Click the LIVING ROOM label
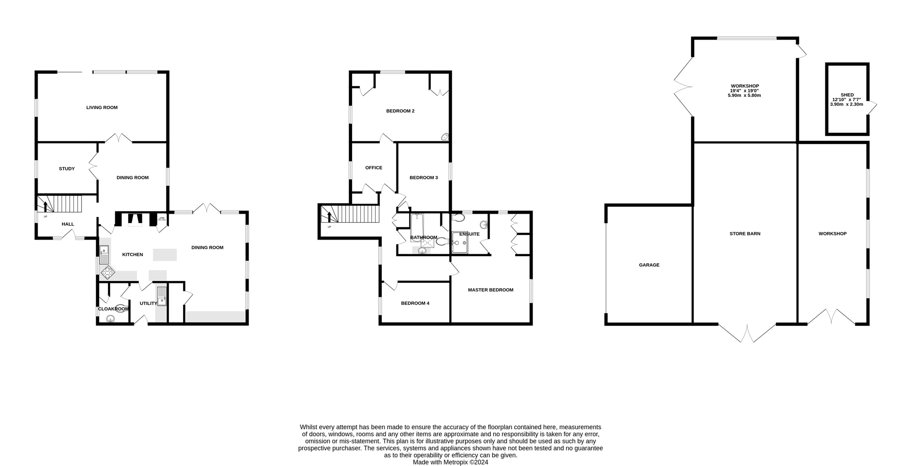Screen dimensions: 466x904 pos(102,107)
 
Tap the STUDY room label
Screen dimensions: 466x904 pos(66,169)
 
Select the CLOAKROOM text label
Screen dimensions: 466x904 pos(113,309)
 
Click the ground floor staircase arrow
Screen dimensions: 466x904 pos(45,206)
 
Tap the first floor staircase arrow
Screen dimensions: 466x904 pos(329,217)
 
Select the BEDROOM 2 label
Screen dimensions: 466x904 pos(400,111)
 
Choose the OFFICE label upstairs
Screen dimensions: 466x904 pos(374,168)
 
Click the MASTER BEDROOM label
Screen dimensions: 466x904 pos(490,290)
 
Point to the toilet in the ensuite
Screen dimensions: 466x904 pos(458,217)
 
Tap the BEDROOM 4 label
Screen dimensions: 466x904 pos(415,303)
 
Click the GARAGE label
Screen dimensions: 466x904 pos(649,265)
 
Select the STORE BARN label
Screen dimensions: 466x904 pos(745,233)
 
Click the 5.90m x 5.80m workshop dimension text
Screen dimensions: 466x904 pos(744,96)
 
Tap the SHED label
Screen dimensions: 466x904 pos(847,95)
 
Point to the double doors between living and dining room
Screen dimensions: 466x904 pos(118,138)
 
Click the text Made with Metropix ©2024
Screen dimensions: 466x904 pos(450,462)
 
